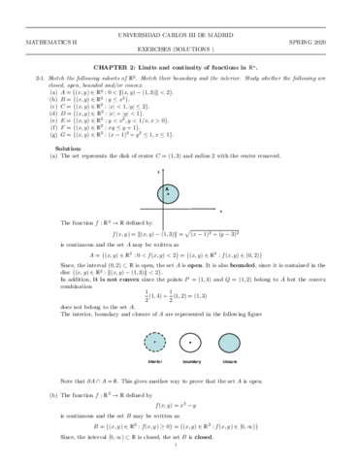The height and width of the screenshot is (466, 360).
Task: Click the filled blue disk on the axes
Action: coord(169,218)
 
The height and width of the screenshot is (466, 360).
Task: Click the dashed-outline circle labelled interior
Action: coord(153,340)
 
